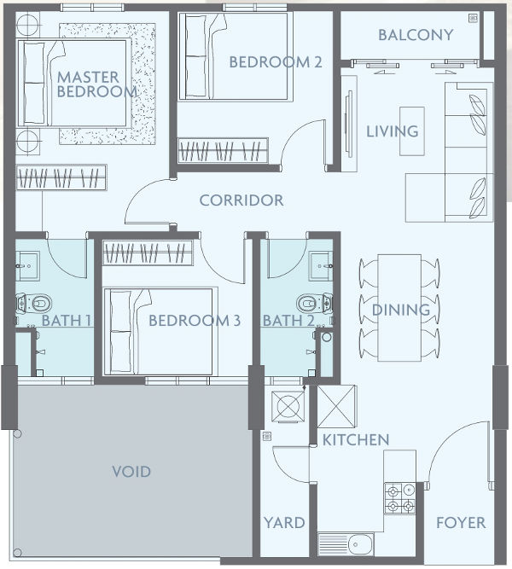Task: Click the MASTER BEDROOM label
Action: click(96, 84)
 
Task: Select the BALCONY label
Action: click(415, 35)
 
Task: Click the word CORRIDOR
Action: click(241, 200)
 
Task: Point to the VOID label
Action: click(131, 471)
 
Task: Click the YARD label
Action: click(283, 522)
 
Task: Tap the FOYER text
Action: click(460, 522)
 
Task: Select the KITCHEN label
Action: click(355, 439)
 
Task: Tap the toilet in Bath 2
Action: click(311, 302)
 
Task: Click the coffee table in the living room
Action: click(412, 131)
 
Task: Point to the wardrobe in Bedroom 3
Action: click(148, 253)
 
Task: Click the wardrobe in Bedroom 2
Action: click(223, 151)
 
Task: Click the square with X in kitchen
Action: click(336, 406)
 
